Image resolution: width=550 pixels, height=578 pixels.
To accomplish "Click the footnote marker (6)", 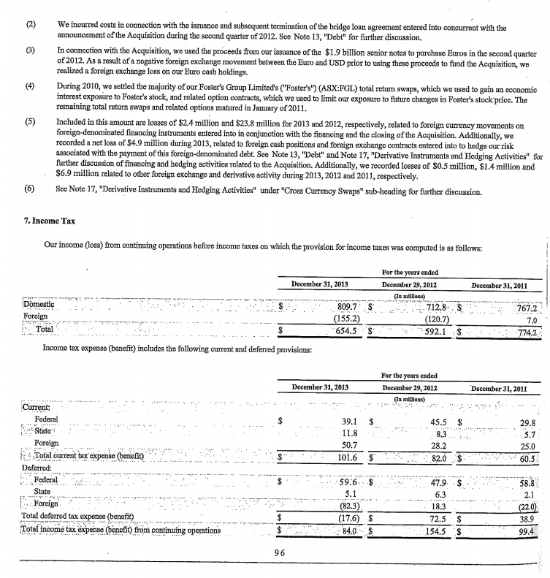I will click(31, 191).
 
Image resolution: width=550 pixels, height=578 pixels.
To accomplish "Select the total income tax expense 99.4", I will click(525, 530).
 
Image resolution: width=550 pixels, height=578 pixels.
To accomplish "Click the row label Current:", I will click(37, 407).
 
